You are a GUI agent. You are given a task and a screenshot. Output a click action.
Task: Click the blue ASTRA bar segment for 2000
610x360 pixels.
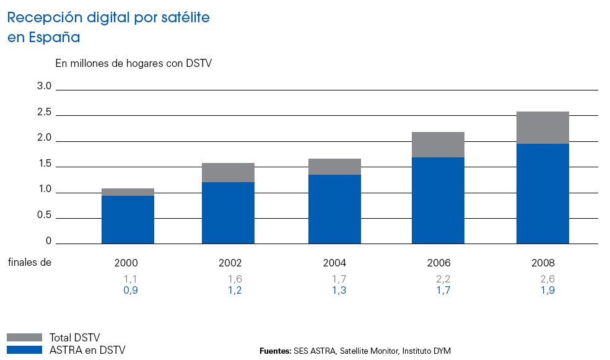pyautogui.click(x=128, y=219)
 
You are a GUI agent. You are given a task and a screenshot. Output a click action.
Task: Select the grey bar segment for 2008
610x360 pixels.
pyautogui.click(x=542, y=128)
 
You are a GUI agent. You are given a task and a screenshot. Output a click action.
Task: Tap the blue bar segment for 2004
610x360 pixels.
pyautogui.click(x=334, y=209)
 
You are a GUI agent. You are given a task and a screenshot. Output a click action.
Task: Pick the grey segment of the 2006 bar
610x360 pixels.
pyautogui.click(x=438, y=144)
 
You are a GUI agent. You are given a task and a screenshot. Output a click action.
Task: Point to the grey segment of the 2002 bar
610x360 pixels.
pyautogui.click(x=228, y=172)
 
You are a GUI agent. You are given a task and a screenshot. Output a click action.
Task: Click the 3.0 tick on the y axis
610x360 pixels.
pyautogui.click(x=44, y=87)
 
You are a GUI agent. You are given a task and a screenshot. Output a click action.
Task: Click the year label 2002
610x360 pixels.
pyautogui.click(x=230, y=262)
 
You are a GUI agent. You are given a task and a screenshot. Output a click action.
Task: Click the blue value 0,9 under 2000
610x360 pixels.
pyautogui.click(x=130, y=291)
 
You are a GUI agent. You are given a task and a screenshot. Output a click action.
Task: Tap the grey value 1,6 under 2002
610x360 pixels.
pyautogui.click(x=235, y=279)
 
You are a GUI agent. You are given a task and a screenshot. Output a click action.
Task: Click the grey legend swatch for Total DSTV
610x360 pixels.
pyautogui.click(x=25, y=337)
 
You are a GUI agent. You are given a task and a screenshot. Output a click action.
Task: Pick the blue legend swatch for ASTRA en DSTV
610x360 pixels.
pyautogui.click(x=25, y=350)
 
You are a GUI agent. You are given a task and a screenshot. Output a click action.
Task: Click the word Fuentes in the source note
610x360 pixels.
pyautogui.click(x=274, y=351)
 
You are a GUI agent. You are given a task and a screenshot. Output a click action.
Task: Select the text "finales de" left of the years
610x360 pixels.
pyautogui.click(x=29, y=262)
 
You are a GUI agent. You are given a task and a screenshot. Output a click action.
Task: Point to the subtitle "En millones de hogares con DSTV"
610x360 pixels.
pyautogui.click(x=134, y=63)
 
